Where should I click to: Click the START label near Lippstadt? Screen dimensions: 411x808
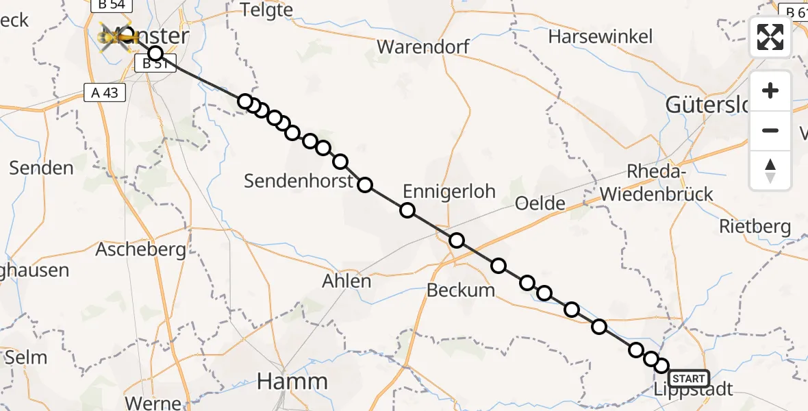coord(689,379)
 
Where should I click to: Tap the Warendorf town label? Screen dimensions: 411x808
coord(423,47)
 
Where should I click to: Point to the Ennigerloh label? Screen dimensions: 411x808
coord(449,191)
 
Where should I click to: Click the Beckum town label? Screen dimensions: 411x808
coord(460,290)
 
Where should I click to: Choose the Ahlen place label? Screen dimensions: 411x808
coord(346,281)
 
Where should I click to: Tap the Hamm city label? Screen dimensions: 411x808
coord(292,382)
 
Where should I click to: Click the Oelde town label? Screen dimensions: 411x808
coord(540,203)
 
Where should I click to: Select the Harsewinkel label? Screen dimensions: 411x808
coord(601,36)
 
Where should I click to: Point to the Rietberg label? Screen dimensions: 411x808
coord(755,226)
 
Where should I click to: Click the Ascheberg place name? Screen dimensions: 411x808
coord(140,249)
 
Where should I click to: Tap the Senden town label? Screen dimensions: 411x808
coord(42,168)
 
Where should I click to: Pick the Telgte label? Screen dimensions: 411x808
coord(267,10)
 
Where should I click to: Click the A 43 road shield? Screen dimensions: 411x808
coord(104,92)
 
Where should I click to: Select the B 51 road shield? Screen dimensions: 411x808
coord(155,64)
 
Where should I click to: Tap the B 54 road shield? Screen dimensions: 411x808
coord(111,5)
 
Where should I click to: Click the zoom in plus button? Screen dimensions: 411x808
coord(770,90)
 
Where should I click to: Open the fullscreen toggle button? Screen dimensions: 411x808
coord(770,37)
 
